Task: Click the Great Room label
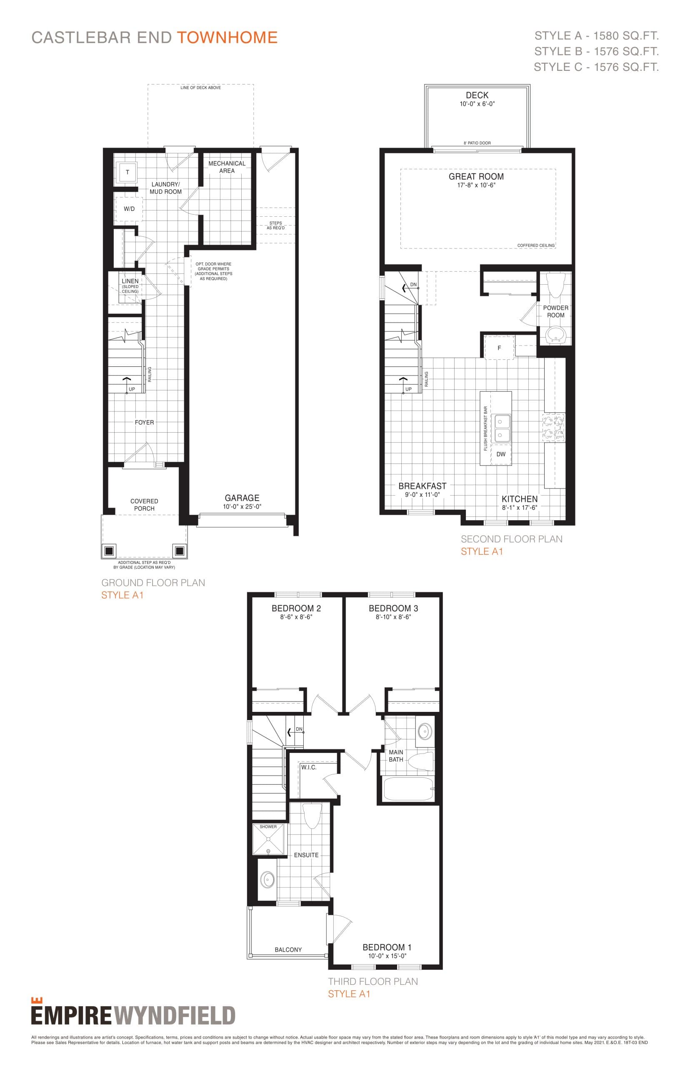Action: [x=476, y=177]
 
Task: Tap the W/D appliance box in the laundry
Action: [x=129, y=209]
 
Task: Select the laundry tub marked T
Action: [x=127, y=172]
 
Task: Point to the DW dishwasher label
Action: [x=500, y=454]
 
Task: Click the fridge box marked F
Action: [x=499, y=348]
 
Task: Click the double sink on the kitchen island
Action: [x=501, y=428]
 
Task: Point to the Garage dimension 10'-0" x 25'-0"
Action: [x=242, y=507]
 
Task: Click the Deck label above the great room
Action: [x=477, y=95]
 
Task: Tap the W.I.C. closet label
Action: [x=309, y=767]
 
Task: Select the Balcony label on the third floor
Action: [x=288, y=949]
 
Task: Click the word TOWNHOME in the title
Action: [x=227, y=38]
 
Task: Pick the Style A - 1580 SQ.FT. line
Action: [x=596, y=36]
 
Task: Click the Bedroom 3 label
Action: [x=393, y=608]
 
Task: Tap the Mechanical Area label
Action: [x=227, y=167]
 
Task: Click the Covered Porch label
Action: [x=144, y=505]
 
